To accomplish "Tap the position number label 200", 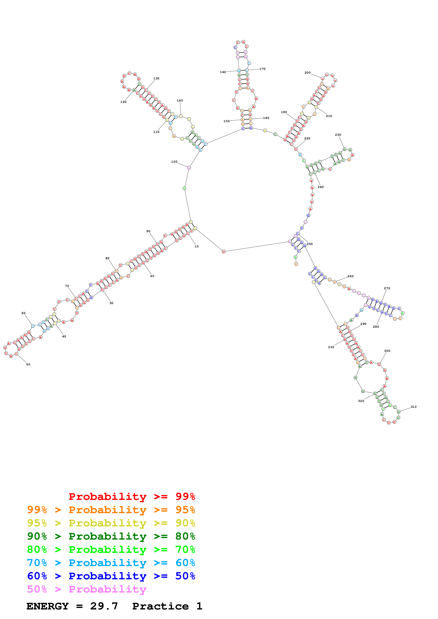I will [307, 73].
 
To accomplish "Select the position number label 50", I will [28, 365].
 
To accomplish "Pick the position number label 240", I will [321, 187].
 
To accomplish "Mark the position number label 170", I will [263, 69].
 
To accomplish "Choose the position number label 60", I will [23, 313].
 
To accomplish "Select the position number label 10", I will [196, 246].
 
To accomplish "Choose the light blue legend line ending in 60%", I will [111, 563].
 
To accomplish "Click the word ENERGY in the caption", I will [48, 606].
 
